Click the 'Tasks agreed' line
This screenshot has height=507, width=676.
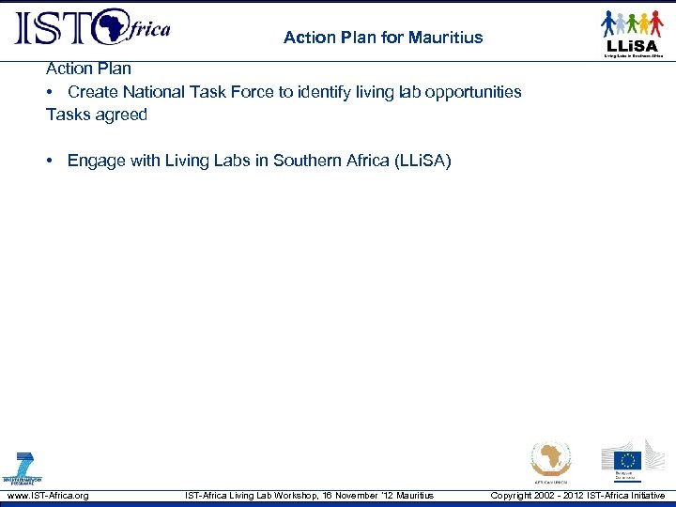coord(97,115)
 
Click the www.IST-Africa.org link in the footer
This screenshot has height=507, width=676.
coord(47,495)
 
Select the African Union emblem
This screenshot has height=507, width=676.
coord(549,460)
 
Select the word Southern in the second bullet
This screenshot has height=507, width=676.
coord(303,161)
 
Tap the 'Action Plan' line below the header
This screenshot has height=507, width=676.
coord(88,69)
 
